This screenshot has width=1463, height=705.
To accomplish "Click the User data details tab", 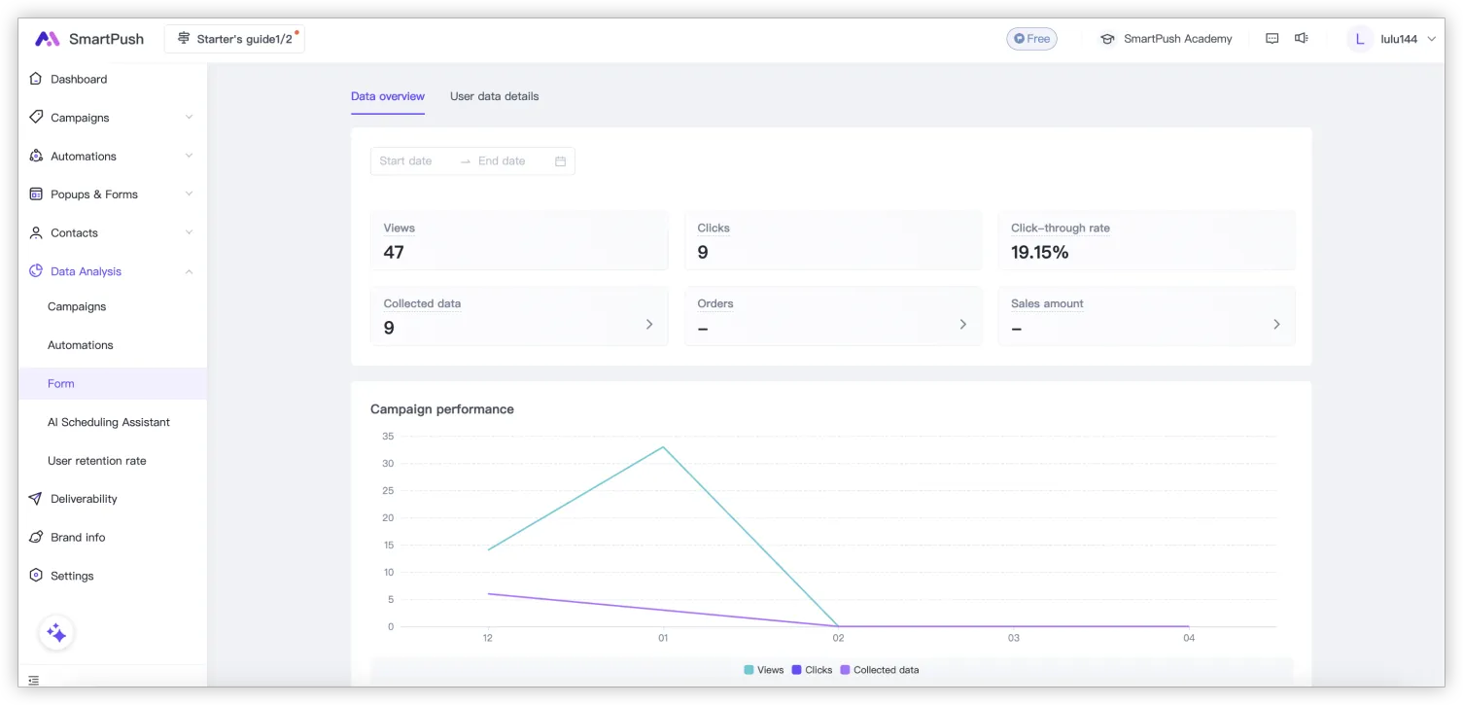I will click(x=494, y=96).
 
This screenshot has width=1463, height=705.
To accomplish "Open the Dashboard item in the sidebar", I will click(x=79, y=79).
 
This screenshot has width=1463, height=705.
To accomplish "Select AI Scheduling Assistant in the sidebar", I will click(x=108, y=422).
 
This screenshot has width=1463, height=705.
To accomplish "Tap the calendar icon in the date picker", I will click(x=560, y=161).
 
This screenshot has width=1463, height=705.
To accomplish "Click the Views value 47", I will click(x=394, y=253).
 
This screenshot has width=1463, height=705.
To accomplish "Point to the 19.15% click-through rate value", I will click(x=1039, y=253).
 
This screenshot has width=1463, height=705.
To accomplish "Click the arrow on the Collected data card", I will click(x=649, y=325).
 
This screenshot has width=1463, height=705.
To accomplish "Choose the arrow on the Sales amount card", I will click(x=1276, y=325).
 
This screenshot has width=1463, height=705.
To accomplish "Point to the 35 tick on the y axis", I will click(x=388, y=437).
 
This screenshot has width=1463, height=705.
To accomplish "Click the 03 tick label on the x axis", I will click(x=1013, y=638).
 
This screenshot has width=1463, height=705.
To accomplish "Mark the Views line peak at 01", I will click(x=663, y=447).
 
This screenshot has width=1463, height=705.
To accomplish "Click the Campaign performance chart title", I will click(x=441, y=409).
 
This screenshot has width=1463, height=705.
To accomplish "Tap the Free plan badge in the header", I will click(x=1031, y=39).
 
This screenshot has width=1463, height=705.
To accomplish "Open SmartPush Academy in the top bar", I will click(x=1166, y=39).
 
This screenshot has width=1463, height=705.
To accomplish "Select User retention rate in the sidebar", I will click(x=96, y=461).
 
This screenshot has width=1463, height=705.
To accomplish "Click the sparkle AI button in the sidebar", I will click(x=56, y=633).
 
